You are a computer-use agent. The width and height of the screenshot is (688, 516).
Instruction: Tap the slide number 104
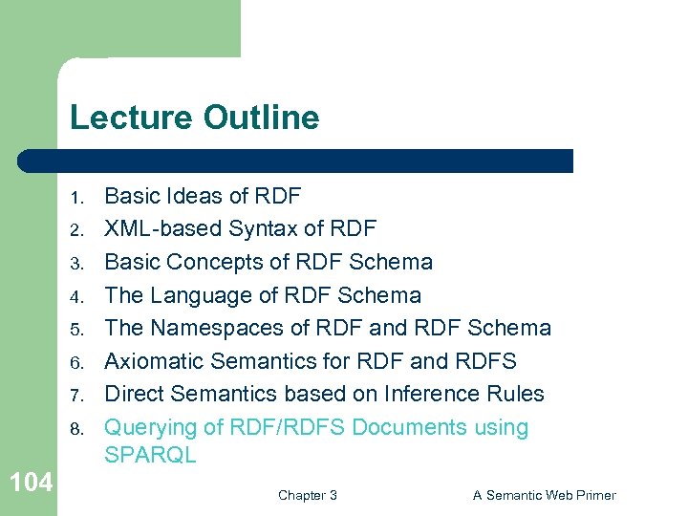coord(32,483)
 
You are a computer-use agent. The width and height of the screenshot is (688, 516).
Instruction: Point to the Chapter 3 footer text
coord(307,495)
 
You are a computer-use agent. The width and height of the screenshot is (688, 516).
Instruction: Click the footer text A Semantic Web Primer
coord(544,495)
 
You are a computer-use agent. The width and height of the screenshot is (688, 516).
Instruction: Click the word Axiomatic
coord(155,361)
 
